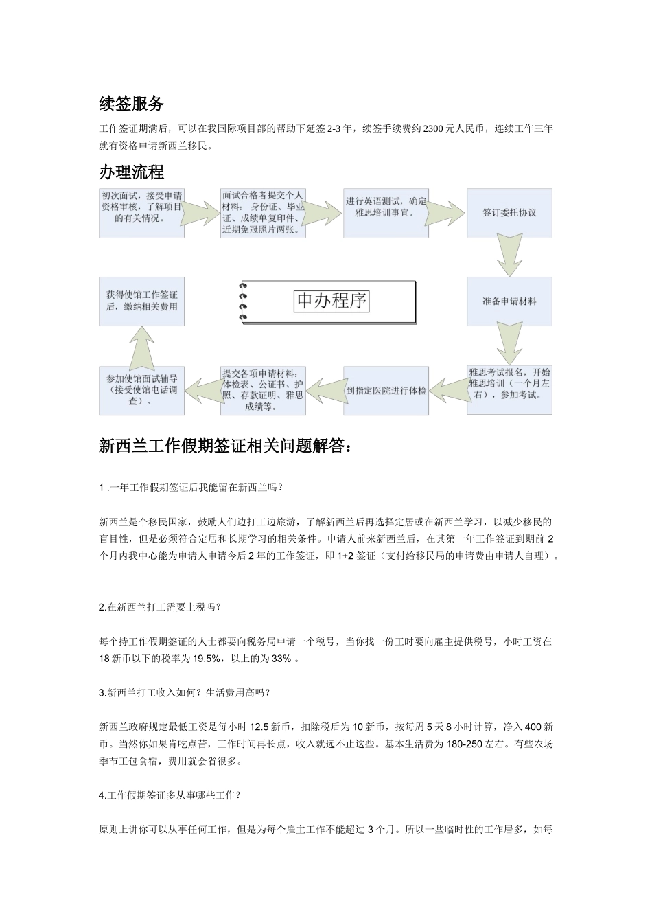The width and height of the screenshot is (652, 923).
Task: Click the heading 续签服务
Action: [x=131, y=104]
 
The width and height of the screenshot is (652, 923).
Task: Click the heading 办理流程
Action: [x=131, y=172]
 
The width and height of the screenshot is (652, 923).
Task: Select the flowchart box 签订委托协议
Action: [x=509, y=213]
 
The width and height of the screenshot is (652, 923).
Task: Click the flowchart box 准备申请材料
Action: [x=509, y=301]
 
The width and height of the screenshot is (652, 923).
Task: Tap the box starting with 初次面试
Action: [x=141, y=207]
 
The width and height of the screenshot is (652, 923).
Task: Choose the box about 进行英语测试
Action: [x=386, y=207]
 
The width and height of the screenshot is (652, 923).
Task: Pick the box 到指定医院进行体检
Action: [x=386, y=390]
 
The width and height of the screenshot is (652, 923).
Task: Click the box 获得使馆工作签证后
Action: [x=141, y=301]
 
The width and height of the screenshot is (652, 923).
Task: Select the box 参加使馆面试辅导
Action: [x=141, y=389]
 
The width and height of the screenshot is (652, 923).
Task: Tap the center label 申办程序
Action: [x=331, y=301]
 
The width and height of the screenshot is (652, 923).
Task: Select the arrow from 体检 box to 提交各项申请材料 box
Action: [x=324, y=390]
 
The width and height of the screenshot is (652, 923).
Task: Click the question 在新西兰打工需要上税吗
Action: [x=160, y=607]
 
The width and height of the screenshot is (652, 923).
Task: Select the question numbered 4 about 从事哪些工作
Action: [x=170, y=795]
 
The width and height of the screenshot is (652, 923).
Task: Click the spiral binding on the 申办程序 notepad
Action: [x=242, y=301]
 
